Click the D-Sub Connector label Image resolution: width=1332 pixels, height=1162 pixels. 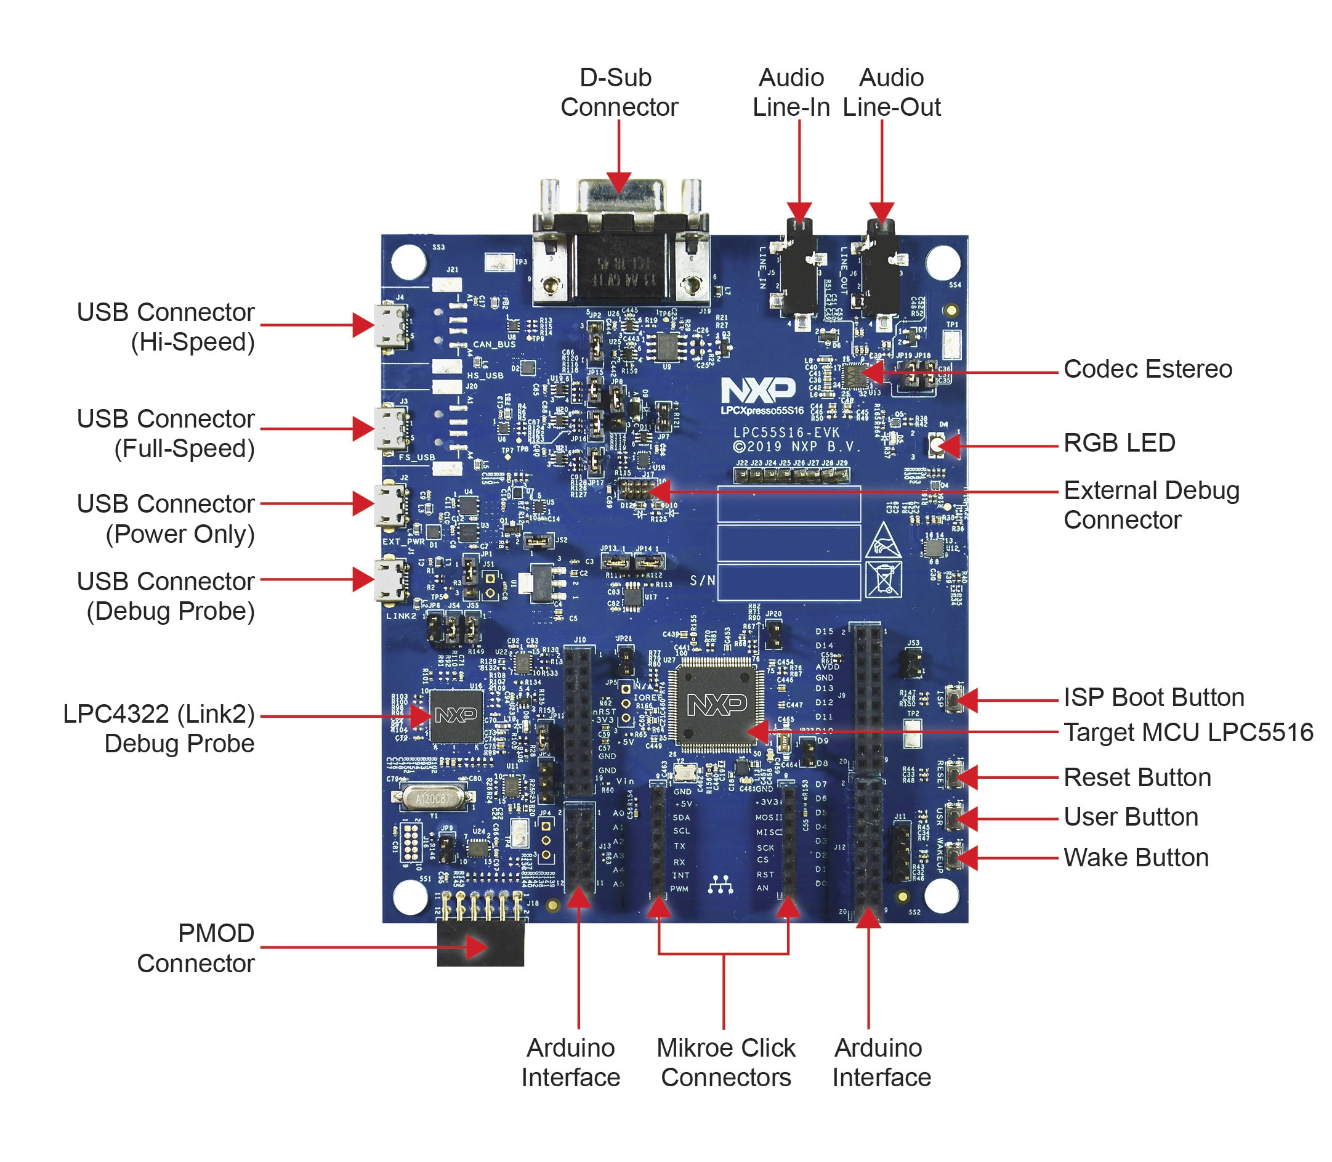618,92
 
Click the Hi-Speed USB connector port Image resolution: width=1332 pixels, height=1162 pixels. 391,326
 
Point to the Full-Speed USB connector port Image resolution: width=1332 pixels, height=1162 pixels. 391,428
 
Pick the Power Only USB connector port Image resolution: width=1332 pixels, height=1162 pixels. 391,505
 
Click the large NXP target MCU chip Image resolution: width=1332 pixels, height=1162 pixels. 716,704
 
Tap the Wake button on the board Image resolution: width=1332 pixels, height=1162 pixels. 952,857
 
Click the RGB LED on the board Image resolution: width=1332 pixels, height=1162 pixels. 935,445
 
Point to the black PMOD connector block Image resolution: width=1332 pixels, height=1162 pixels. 480,944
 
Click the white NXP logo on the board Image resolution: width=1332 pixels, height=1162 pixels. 757,391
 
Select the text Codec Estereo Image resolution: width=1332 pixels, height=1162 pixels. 1147,369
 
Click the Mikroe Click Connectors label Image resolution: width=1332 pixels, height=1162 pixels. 725,1062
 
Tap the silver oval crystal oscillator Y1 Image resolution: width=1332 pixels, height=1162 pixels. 432,798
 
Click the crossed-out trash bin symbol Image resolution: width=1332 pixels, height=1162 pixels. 883,579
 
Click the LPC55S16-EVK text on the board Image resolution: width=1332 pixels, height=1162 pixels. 786,432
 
